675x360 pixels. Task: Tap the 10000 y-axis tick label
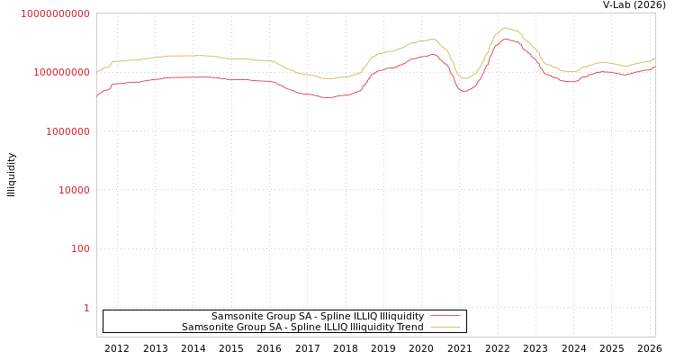[x=70, y=190]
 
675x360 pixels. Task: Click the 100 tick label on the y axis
[x=80, y=248]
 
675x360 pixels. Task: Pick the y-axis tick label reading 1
[x=86, y=308]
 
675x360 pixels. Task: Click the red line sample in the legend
[x=445, y=316]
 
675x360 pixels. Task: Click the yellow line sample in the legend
[x=445, y=327]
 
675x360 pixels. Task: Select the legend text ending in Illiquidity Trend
[x=302, y=327]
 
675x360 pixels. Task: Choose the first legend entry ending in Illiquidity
[x=318, y=316]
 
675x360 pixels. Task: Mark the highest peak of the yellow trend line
[x=506, y=28]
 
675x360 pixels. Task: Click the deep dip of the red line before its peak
[x=464, y=91]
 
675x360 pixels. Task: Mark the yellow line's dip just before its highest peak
[x=464, y=78]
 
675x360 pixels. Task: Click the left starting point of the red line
[x=97, y=94]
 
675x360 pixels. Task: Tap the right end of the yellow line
[x=654, y=58]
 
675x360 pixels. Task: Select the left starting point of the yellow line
[x=97, y=72]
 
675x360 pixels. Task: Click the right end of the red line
[x=654, y=66]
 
